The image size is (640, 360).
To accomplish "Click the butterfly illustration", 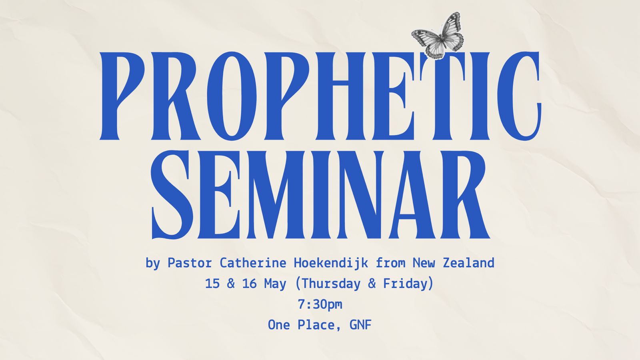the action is click(438, 36).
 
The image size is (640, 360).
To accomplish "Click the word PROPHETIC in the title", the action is click(320, 96).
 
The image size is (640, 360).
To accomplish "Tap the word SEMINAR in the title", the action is click(320, 195).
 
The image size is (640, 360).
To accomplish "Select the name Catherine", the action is click(253, 263).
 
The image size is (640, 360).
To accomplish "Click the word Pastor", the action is click(190, 263).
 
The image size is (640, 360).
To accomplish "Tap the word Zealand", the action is click(468, 263).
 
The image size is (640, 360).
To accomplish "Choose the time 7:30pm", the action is click(320, 304).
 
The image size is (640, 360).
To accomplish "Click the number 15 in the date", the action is click(212, 284).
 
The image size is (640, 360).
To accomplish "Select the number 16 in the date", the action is click(250, 284).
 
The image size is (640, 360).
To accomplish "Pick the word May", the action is click(275, 284).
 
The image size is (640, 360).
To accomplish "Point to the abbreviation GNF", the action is click(360, 325).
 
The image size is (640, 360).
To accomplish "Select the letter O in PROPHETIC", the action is click(232, 96).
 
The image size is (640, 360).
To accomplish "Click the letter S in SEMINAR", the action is click(172, 195).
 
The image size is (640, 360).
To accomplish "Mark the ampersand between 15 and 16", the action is click(231, 284).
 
